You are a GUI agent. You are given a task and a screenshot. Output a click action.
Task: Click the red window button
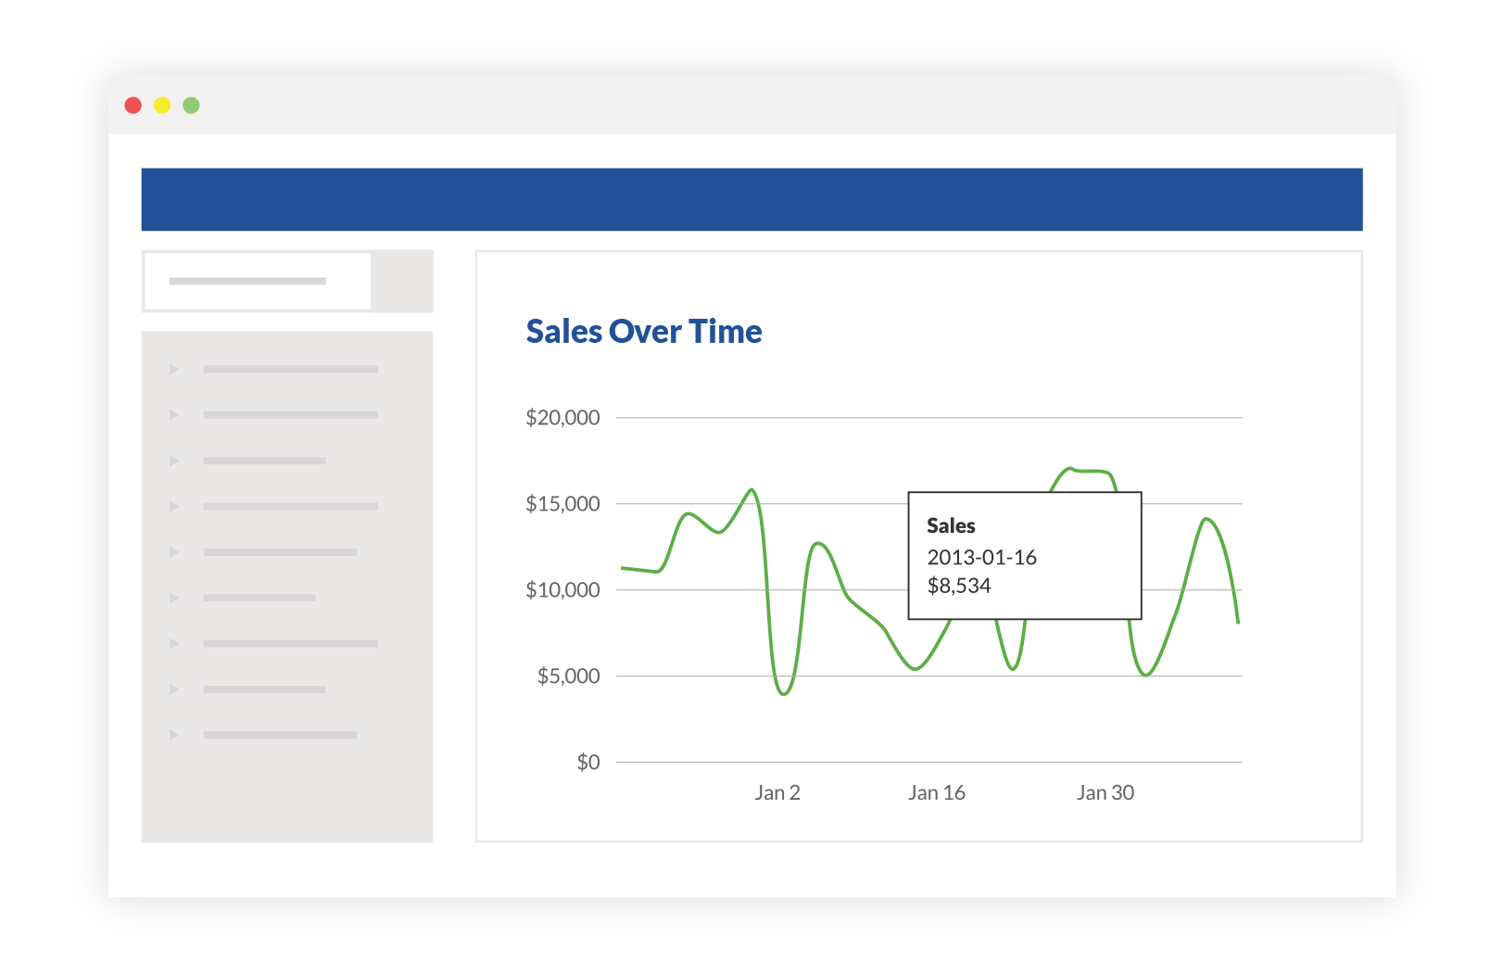click(133, 106)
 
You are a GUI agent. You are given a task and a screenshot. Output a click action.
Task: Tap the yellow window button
click(162, 106)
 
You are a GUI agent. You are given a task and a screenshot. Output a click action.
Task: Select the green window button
click(191, 106)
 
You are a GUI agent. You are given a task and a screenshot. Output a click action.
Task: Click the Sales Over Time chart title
click(644, 332)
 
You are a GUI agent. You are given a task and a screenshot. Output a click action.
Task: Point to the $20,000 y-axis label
click(562, 418)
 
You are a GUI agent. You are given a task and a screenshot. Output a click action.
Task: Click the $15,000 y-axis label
click(562, 504)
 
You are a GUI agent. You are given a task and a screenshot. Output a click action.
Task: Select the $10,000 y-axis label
click(562, 590)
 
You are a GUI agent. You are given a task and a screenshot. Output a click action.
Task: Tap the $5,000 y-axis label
click(568, 676)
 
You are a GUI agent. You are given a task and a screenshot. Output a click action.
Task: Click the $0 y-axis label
click(588, 763)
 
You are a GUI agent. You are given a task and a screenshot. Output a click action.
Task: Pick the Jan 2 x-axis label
click(777, 793)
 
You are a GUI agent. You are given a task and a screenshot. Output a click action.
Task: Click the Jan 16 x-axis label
click(937, 793)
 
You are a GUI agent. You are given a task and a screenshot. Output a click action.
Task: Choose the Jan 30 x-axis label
click(1105, 793)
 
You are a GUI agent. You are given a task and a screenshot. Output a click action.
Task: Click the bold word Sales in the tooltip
click(951, 526)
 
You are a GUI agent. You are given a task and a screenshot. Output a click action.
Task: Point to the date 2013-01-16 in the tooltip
click(982, 558)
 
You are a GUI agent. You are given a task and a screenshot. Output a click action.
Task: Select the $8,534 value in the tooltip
click(959, 586)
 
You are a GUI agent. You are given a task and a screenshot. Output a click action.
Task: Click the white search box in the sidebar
click(258, 281)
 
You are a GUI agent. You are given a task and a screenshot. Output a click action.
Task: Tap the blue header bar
click(751, 199)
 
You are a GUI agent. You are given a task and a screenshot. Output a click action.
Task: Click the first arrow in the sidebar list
click(173, 370)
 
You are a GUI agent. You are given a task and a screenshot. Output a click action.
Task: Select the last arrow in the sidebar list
click(173, 735)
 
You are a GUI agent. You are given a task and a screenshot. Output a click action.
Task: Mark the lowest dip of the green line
click(784, 693)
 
